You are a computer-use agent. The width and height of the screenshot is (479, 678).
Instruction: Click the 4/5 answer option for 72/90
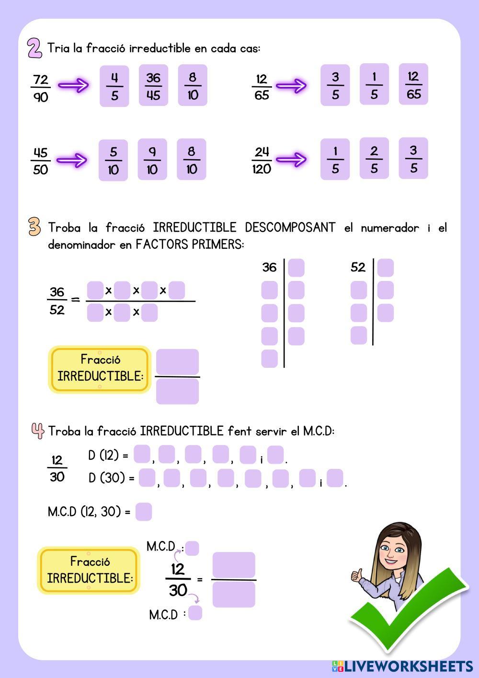114,86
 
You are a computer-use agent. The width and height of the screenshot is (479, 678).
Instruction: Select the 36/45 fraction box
153,86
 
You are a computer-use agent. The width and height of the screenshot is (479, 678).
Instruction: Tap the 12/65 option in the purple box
413,85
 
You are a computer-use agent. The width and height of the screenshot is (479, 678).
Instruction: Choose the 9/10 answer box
152,160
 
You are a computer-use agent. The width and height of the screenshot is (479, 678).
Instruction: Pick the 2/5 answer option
374,159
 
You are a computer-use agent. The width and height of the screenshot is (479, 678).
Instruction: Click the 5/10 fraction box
113,160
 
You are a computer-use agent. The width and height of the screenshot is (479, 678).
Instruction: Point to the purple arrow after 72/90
73,85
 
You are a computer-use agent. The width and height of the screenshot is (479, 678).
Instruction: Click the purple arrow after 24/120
291,159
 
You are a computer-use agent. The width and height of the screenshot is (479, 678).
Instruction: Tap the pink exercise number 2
34,48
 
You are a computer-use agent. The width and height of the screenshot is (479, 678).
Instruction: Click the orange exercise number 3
34,227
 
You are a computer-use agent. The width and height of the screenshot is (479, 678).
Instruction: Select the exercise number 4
37,430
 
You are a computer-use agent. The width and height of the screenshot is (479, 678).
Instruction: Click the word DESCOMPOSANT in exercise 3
290,227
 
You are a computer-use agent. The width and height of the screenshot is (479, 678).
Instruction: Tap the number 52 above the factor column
358,267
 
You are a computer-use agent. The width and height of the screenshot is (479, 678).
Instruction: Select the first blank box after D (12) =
141,454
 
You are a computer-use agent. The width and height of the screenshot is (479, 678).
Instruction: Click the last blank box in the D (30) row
335,478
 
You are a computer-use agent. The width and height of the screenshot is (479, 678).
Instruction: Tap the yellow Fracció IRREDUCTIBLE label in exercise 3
100,369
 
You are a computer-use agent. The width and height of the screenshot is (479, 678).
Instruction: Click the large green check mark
407,609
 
